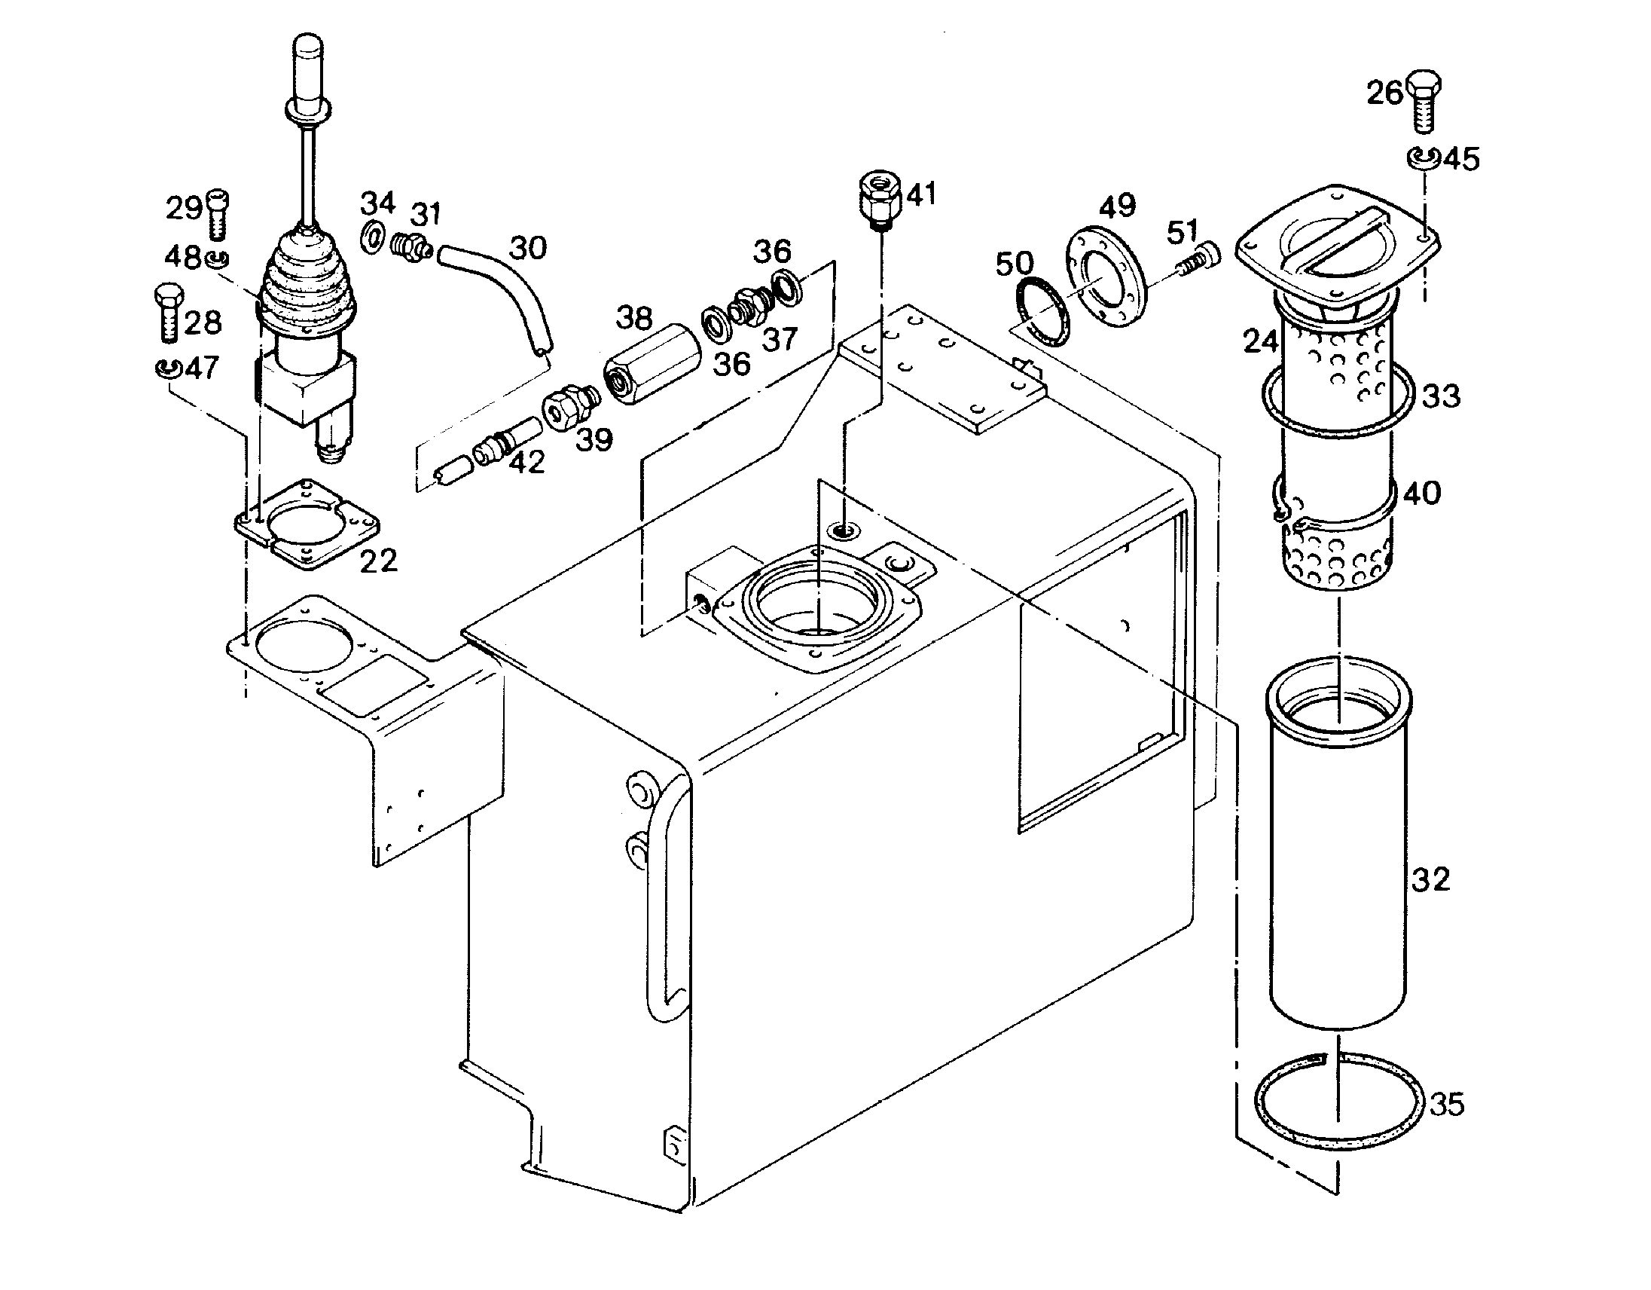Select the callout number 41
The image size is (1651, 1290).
pos(921,194)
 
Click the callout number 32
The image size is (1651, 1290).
pos(1430,879)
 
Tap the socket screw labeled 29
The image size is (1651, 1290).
pos(217,213)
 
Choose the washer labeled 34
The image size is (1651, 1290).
pos(372,239)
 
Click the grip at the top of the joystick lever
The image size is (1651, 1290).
pos(307,72)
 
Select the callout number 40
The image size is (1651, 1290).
pos(1422,493)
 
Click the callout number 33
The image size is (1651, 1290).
pos(1441,396)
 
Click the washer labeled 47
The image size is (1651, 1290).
pos(167,368)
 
